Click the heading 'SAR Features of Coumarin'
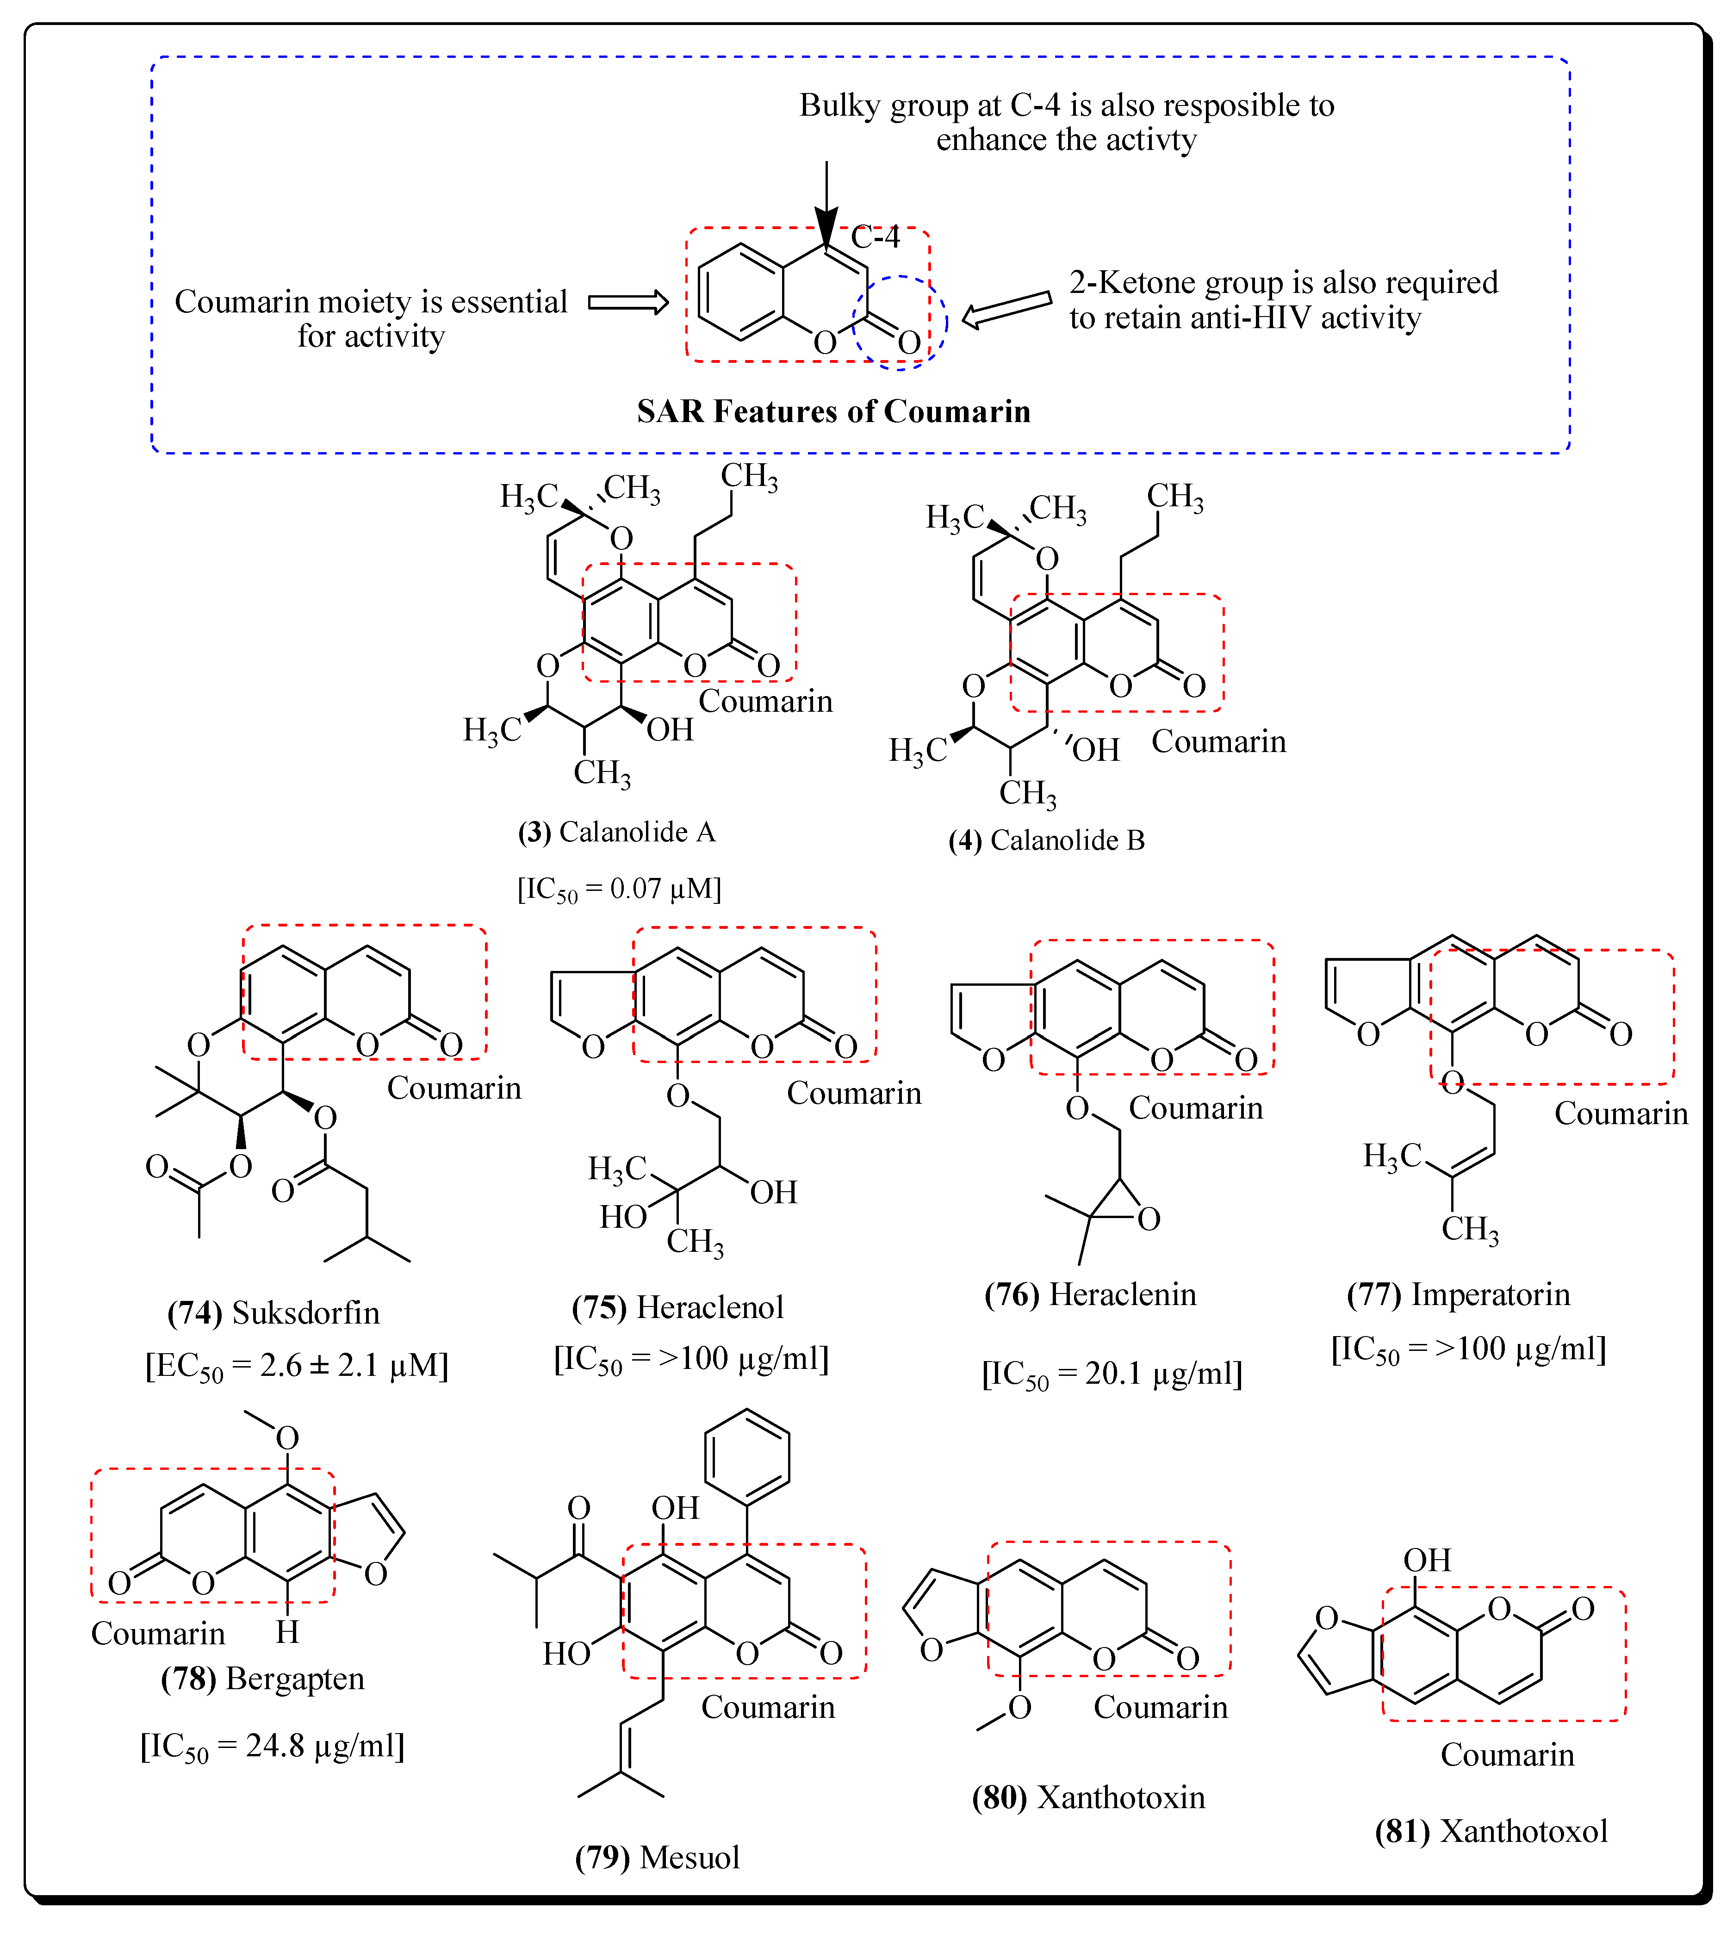[833, 411]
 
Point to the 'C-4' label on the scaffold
[875, 236]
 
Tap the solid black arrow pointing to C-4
[826, 205]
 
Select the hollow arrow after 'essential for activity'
[628, 303]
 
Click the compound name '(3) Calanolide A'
[616, 832]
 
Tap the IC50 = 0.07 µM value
[619, 889]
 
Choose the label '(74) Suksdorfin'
[273, 1313]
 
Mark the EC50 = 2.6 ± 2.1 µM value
[296, 1367]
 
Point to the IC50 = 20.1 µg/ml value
[1112, 1374]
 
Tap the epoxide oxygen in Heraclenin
[1149, 1219]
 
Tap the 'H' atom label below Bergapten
[287, 1632]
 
